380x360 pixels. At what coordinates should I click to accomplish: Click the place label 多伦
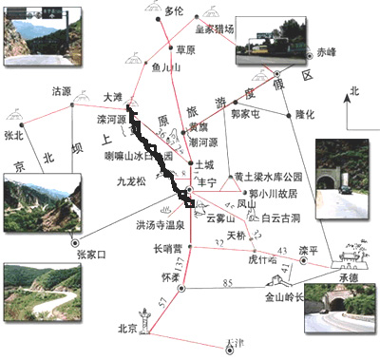point(172,11)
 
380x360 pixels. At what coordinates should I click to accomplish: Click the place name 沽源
point(62,91)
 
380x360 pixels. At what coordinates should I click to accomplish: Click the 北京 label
point(127,329)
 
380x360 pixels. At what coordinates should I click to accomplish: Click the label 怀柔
point(171,275)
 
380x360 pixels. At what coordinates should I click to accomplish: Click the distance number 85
point(227,282)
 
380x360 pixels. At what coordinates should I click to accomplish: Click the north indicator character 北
point(354,92)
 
